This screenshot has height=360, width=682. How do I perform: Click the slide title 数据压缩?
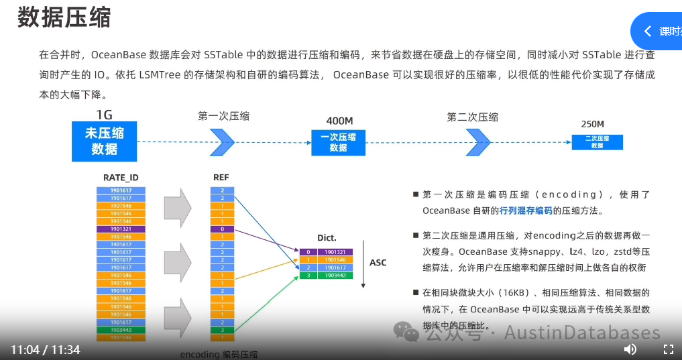point(64,18)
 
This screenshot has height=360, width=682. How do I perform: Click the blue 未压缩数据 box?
point(104,141)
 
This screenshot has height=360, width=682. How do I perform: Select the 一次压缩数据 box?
point(338,142)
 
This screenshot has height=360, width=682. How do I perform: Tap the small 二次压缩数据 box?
point(597,142)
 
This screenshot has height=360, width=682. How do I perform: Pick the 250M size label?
point(592,124)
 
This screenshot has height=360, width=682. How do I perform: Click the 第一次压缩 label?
point(223,116)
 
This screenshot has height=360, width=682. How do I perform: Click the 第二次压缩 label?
point(472,117)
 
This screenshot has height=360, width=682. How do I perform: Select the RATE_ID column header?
point(121,178)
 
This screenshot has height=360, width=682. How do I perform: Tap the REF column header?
point(221,178)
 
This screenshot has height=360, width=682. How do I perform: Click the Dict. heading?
point(327,238)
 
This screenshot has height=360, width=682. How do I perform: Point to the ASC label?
point(378,263)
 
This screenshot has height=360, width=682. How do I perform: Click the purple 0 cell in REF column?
point(222,229)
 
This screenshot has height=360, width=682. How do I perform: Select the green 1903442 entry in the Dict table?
point(335,275)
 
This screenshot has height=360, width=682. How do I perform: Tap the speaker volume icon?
point(630,349)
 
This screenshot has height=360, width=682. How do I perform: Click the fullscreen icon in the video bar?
point(668,349)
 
